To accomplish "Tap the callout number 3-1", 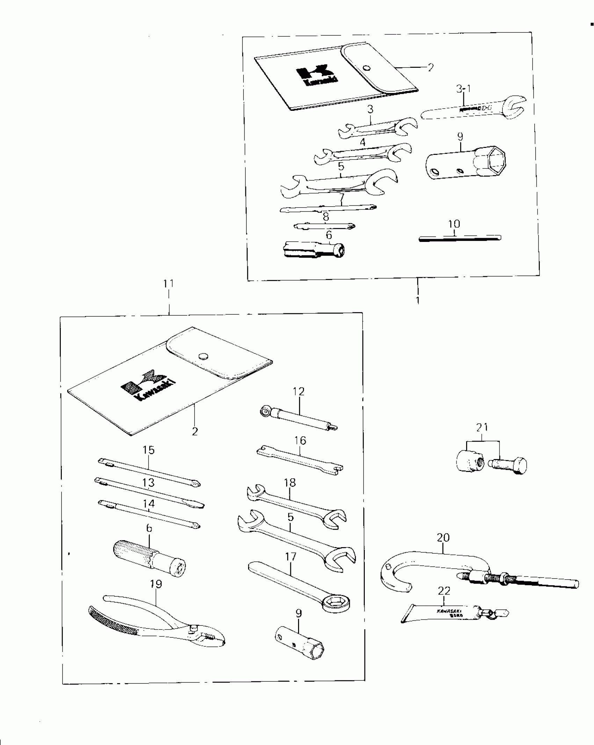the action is [x=463, y=89].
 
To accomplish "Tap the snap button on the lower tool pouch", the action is [x=203, y=357].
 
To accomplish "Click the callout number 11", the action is [x=169, y=284].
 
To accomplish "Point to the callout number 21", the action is [x=482, y=427].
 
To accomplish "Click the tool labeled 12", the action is [x=299, y=417].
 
